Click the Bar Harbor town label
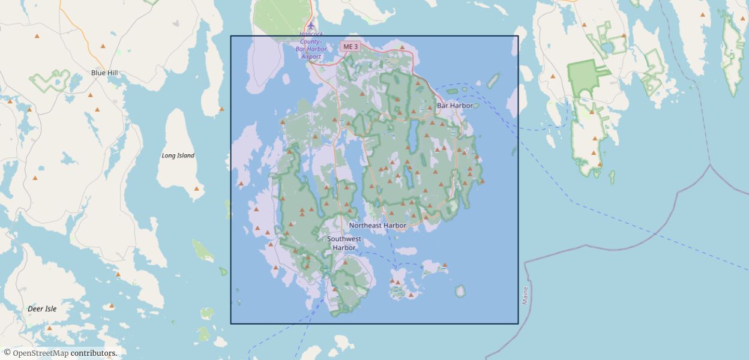455,106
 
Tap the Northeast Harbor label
378,226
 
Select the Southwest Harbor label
344,243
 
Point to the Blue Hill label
104,73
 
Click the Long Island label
178,155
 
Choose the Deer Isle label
42,309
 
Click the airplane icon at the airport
311,26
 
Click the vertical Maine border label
525,295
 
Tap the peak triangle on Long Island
196,188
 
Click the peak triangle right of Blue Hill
103,46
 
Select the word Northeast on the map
365,226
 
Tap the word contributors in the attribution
94,353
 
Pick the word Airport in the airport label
311,56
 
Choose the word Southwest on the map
344,239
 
